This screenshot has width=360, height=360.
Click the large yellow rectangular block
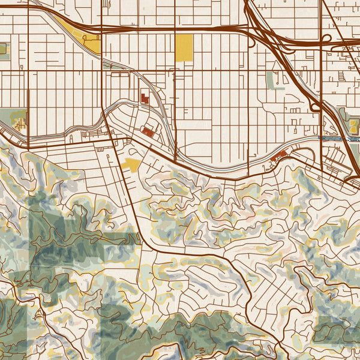click(184, 47)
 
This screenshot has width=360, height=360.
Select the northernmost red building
click(144, 98)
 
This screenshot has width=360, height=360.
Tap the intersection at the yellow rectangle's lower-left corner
click(175, 61)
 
